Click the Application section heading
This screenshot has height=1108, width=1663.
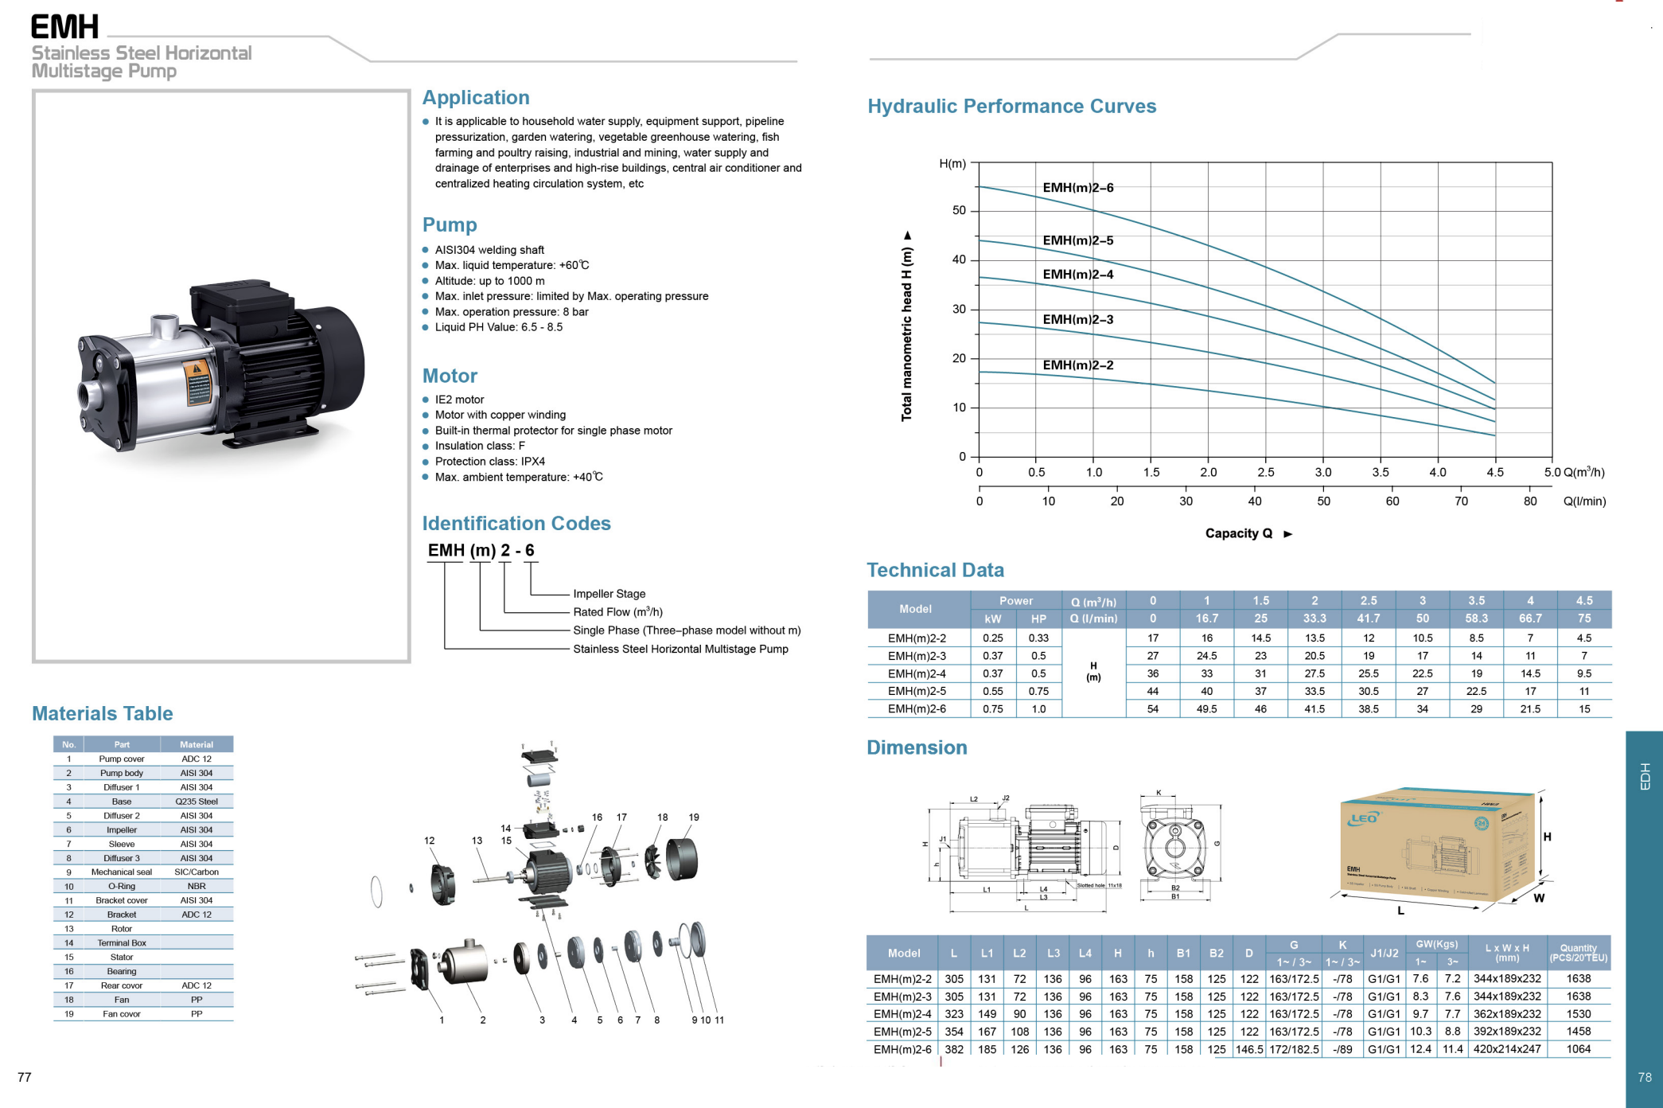tap(475, 98)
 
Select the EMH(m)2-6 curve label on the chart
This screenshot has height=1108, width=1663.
tap(1077, 188)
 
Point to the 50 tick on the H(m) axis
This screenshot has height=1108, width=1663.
tap(959, 211)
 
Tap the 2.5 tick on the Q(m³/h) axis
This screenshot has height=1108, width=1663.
tap(1265, 472)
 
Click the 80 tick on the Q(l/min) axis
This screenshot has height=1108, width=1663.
tap(1529, 501)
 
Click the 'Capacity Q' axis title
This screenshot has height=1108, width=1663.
tap(1238, 533)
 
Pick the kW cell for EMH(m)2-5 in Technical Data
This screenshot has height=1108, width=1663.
tap(992, 691)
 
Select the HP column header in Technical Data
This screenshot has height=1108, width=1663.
tap(1038, 618)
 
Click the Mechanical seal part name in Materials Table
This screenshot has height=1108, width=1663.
tap(121, 872)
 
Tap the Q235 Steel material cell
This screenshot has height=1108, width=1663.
tap(197, 802)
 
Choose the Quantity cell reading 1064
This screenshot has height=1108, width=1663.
tap(1578, 1049)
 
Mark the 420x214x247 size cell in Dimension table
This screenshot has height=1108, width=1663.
tap(1506, 1049)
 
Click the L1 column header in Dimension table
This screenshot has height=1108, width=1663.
tap(987, 953)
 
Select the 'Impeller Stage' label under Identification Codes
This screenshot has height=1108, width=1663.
tap(609, 594)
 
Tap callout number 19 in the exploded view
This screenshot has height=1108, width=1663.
tap(694, 817)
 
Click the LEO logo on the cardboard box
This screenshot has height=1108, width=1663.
tap(1364, 818)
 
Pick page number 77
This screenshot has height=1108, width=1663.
tap(25, 1077)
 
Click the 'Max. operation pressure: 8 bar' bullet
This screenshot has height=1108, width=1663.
tap(511, 312)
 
